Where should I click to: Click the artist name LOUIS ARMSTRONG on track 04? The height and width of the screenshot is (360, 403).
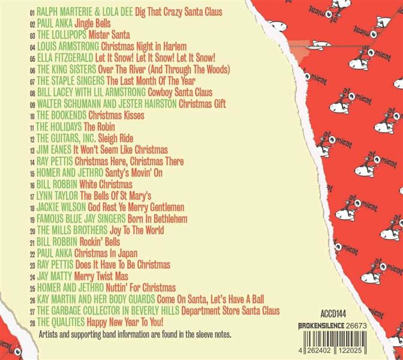[67, 46]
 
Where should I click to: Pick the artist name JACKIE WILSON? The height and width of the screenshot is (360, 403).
[62, 206]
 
